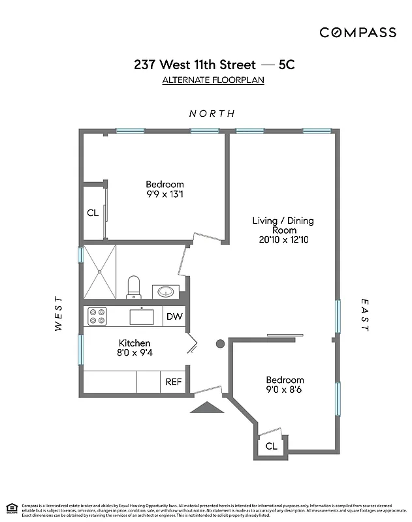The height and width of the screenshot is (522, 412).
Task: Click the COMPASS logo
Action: [x=357, y=32]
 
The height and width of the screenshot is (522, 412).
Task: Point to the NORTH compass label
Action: [x=212, y=114]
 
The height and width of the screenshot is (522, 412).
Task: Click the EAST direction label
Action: [x=364, y=315]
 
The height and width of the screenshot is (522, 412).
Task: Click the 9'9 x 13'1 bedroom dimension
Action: [x=165, y=194]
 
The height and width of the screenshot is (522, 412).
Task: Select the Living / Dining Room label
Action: [x=283, y=225]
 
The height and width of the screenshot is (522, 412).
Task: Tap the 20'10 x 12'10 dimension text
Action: [x=283, y=239]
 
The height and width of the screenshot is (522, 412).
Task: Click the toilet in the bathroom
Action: [x=134, y=286]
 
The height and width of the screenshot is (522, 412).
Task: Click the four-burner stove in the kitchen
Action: [x=97, y=316]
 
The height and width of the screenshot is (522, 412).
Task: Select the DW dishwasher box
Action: [x=173, y=316]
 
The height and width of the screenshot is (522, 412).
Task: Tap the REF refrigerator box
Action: [x=173, y=382]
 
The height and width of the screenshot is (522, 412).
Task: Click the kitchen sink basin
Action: [x=141, y=316]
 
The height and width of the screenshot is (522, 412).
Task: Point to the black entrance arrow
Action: [x=206, y=408]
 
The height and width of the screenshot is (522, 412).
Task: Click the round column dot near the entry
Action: [x=221, y=343]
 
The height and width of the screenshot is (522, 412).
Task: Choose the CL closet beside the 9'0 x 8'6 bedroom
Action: [x=271, y=446]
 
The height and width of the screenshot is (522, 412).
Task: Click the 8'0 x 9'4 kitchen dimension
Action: [x=135, y=353]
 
